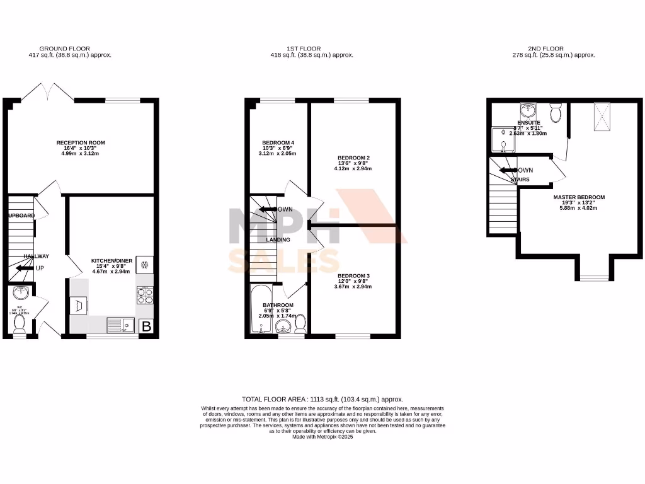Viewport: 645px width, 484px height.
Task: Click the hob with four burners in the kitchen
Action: click(145, 295)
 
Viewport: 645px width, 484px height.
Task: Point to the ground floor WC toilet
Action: click(20, 323)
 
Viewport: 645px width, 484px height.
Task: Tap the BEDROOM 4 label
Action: click(278, 143)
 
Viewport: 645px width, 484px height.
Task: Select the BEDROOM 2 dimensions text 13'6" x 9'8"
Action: click(354, 163)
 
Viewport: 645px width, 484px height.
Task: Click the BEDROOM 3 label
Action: click(353, 276)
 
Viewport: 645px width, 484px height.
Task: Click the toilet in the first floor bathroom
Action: click(300, 323)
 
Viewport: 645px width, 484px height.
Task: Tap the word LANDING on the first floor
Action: click(278, 239)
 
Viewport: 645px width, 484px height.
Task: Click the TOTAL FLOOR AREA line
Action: click(322, 400)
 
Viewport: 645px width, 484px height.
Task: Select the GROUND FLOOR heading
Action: click(65, 49)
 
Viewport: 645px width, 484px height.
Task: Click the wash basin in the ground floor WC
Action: click(20, 293)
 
